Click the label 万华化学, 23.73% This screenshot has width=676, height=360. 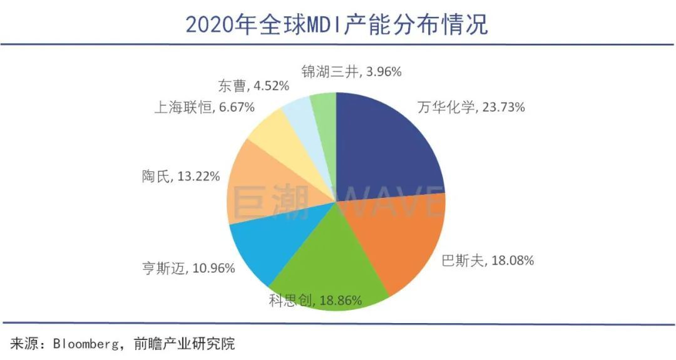(471, 107)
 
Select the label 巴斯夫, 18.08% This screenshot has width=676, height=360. (488, 260)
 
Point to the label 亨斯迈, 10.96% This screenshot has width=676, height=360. (188, 269)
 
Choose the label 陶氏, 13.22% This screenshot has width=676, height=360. (180, 177)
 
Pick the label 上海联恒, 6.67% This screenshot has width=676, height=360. (204, 108)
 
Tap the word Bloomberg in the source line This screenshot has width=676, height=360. (83, 343)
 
